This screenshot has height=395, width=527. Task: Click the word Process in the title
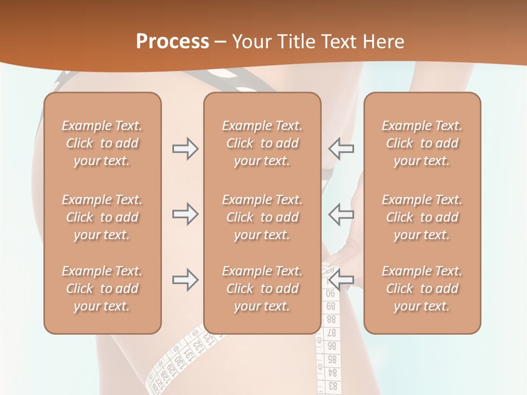[x=172, y=42]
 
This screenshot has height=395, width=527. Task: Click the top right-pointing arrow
[x=185, y=149]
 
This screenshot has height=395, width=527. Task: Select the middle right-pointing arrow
[x=185, y=214]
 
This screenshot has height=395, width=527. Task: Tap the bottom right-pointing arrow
[x=185, y=280]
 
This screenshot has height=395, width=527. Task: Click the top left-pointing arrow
[x=341, y=149]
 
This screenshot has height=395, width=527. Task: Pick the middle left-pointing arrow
[x=341, y=214]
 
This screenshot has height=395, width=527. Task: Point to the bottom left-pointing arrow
[x=341, y=280]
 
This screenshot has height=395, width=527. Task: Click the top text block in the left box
[x=102, y=143]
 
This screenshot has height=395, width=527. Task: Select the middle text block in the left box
[x=102, y=217]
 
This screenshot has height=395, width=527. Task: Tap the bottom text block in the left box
[x=102, y=289]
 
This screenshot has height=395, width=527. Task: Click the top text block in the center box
[x=262, y=143]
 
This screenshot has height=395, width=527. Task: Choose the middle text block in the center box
[x=262, y=217]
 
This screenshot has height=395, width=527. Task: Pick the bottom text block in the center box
[x=262, y=289]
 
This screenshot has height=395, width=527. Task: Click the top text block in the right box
[x=422, y=143]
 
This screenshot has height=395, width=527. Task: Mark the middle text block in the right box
[x=422, y=217]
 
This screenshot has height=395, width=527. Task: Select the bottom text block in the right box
[x=422, y=289]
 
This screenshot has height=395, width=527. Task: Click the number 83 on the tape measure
[x=332, y=386]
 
